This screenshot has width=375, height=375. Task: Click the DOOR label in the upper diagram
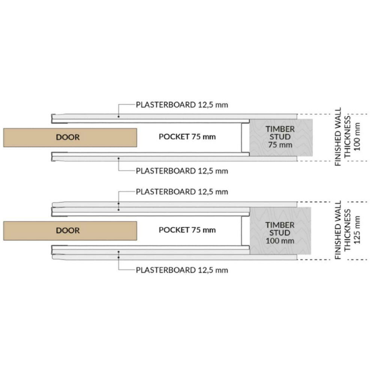(68, 137)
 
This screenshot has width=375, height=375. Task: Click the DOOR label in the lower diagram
(68, 230)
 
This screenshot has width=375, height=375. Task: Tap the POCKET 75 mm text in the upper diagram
(187, 136)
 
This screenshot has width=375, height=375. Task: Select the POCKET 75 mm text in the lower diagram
(187, 229)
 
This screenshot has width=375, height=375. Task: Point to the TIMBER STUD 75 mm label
(280, 136)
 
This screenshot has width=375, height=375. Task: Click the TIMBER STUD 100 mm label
(280, 233)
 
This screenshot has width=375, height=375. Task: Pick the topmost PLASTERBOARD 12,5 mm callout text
(182, 104)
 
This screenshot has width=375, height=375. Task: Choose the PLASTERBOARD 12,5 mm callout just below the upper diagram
(182, 171)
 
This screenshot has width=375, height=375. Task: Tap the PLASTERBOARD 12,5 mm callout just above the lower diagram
(182, 192)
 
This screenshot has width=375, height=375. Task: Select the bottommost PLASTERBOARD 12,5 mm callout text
(182, 270)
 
